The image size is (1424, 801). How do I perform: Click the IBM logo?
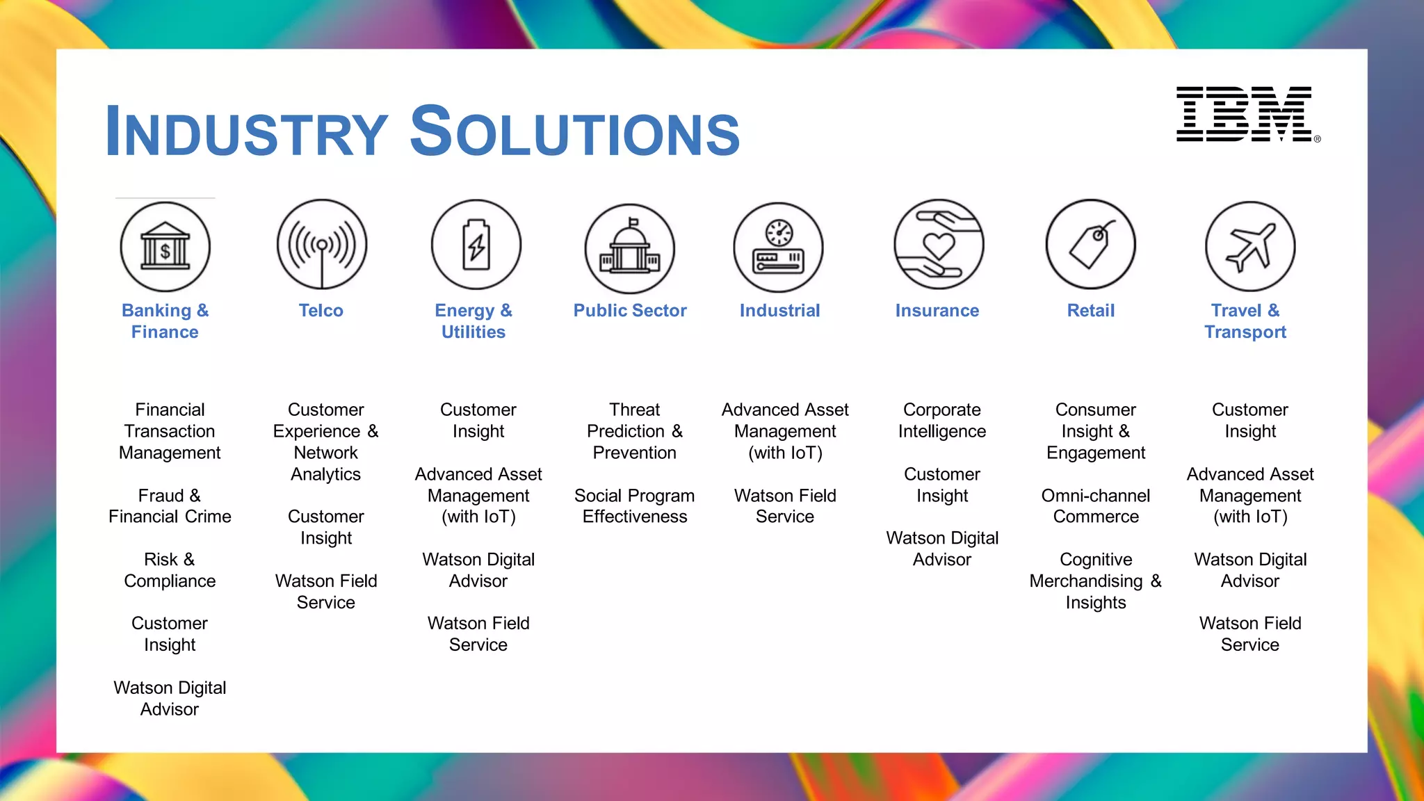coord(1245,114)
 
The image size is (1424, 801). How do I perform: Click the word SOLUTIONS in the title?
coord(575,131)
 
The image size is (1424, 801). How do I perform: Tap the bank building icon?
coord(165,247)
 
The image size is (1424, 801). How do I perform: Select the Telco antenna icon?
coord(321,245)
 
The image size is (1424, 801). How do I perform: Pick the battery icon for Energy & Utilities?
coord(476,245)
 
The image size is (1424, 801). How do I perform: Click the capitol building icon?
coord(630,249)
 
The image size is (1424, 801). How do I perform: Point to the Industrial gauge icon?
coord(779,248)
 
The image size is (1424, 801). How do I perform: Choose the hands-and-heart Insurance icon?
coord(939,245)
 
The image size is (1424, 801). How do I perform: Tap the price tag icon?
coord(1091,245)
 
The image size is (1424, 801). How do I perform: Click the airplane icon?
coord(1250,247)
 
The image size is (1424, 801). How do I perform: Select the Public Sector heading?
coord(630,311)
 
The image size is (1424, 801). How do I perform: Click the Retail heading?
coord(1091,311)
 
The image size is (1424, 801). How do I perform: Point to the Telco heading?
coord(321,311)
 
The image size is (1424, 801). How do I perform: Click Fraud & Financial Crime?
coord(170,506)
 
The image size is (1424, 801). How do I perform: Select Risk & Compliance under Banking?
coord(170,570)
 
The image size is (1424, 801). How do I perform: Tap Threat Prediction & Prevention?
coord(635,431)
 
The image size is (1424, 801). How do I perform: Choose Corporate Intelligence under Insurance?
coord(942,421)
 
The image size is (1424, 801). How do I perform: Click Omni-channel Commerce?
coord(1096,506)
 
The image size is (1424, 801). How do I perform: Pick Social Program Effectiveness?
coord(635,506)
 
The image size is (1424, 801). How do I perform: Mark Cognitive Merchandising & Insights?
coord(1096,581)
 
